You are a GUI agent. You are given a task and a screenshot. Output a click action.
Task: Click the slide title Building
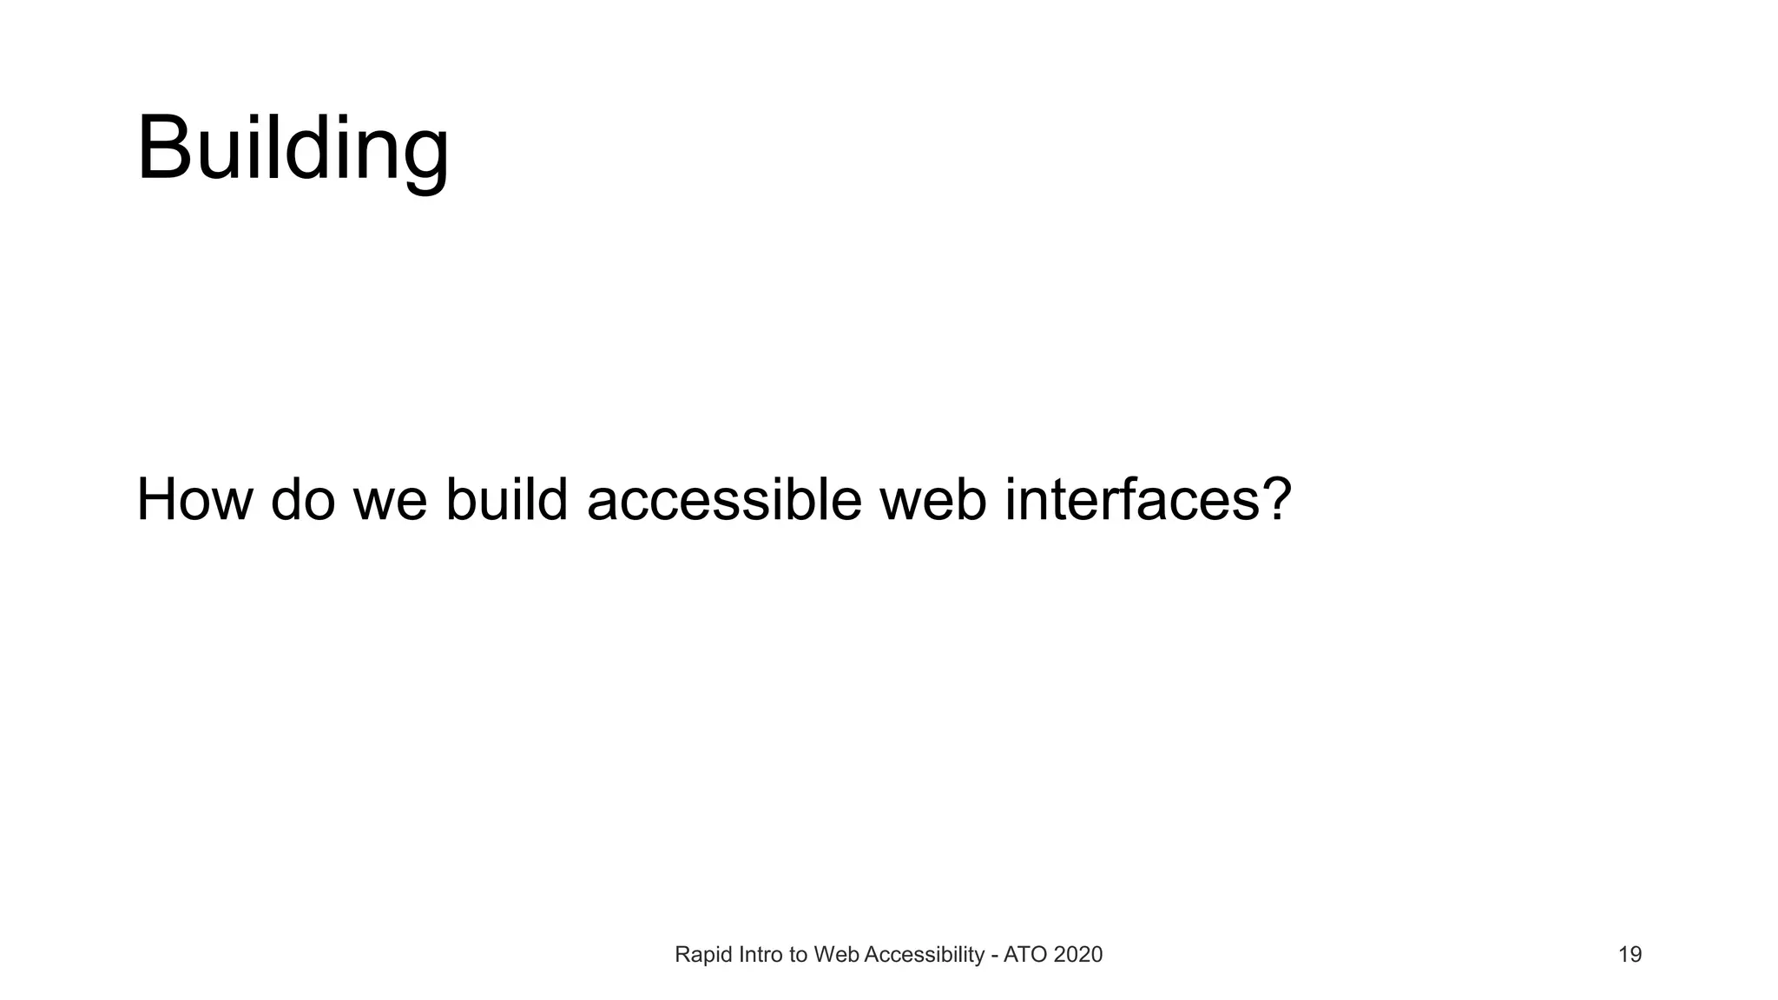coord(293,149)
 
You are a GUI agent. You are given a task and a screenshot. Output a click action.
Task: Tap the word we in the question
coord(390,502)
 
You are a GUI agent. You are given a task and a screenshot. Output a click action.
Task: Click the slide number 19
coord(1630,955)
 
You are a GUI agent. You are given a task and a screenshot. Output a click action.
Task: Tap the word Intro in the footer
coord(761,955)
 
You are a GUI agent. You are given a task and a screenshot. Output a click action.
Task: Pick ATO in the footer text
coord(1024,955)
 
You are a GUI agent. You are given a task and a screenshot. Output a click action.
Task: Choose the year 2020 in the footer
coord(1077,955)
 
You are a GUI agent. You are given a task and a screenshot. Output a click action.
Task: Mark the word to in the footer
coord(798,955)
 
